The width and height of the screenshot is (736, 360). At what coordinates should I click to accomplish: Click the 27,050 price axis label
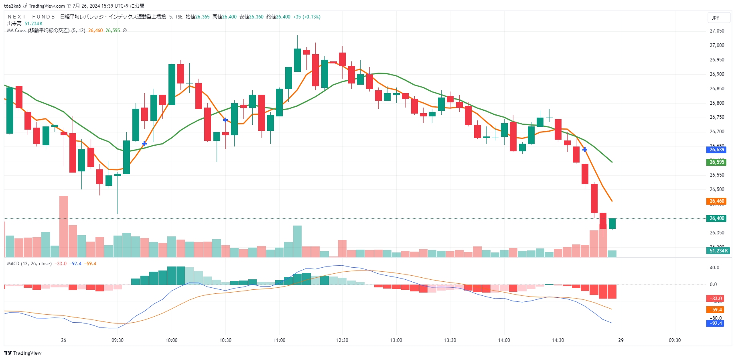click(717, 31)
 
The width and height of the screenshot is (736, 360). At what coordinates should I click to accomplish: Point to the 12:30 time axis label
click(342, 340)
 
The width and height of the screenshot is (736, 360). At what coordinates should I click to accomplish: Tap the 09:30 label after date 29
click(675, 340)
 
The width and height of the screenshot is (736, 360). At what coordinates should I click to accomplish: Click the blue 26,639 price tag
click(717, 150)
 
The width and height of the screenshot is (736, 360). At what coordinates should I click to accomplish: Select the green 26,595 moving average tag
click(717, 162)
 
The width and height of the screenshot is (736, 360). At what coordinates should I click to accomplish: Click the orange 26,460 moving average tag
click(717, 201)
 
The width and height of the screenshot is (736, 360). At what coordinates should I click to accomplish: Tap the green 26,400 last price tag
click(717, 218)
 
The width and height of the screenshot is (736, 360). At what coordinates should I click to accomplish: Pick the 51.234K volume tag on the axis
click(718, 251)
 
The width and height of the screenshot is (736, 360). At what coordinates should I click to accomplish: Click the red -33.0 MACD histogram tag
click(716, 299)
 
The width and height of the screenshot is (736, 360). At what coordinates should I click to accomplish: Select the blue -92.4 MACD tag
click(716, 323)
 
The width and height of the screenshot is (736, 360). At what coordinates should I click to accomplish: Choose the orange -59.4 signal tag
click(716, 310)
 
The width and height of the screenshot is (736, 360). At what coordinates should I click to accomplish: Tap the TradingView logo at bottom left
click(23, 353)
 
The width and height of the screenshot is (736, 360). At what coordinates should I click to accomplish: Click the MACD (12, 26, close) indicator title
click(29, 264)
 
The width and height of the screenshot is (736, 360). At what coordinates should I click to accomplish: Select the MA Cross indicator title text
click(46, 31)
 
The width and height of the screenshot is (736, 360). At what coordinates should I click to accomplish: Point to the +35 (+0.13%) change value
click(307, 17)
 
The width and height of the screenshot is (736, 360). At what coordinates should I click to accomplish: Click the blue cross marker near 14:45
click(585, 150)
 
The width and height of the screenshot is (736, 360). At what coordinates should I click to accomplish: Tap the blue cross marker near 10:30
click(225, 120)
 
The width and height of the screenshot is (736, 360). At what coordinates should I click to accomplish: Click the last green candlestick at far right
click(612, 224)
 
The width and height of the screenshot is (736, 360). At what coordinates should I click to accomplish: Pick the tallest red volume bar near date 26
click(64, 226)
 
